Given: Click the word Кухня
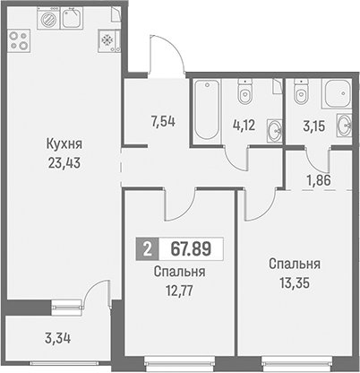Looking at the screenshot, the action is click(64, 145).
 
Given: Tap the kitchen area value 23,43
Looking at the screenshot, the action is click(64, 163).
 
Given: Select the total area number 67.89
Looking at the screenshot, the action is click(191, 248).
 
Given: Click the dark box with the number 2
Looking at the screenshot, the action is click(148, 248).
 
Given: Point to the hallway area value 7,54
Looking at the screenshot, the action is click(163, 122).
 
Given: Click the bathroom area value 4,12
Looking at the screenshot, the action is click(244, 126).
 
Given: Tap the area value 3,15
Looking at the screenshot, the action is click(313, 126).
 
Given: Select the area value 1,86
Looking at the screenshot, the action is click(319, 180).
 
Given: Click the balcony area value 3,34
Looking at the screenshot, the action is click(58, 339).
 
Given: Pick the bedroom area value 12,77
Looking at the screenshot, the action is click(179, 291).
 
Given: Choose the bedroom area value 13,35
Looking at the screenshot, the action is click(295, 282).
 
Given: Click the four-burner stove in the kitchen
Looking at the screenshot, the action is click(19, 40).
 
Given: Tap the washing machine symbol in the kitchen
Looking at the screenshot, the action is click(48, 18).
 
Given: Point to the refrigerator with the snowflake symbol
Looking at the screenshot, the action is click(109, 41).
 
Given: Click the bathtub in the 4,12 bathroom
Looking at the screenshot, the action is click(207, 110).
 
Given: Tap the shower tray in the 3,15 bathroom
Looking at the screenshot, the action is click(337, 93).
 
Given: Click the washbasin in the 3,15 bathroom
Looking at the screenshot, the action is click(345, 125).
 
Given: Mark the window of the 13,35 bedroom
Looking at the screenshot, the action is click(296, 362).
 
